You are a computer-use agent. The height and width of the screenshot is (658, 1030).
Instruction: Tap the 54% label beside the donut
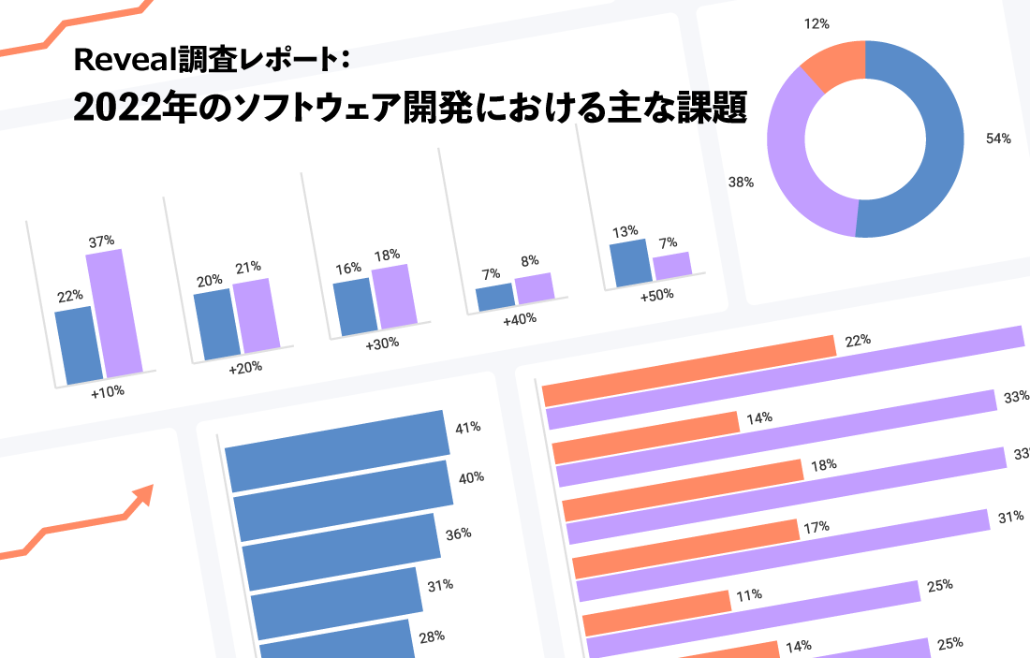(998, 139)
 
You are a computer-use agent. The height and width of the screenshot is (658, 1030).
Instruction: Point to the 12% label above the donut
(817, 23)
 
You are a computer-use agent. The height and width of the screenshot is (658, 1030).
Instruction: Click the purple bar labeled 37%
(115, 312)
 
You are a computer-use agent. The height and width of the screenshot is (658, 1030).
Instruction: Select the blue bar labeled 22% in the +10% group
(79, 344)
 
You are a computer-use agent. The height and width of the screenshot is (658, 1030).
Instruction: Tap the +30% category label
(382, 344)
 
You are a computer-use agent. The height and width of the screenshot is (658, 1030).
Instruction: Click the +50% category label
(657, 296)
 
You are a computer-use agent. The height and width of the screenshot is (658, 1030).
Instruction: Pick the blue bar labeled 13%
(630, 263)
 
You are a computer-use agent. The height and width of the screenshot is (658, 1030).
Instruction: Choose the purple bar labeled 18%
(394, 296)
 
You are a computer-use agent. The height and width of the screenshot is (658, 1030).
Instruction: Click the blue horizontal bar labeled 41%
(338, 450)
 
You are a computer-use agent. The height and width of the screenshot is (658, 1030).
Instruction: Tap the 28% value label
(432, 636)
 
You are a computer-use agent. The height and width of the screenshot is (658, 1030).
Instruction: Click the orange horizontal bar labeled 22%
(689, 371)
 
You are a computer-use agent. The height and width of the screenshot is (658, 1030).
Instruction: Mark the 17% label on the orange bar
(816, 527)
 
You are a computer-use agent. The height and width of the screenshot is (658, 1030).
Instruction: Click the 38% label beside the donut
(741, 182)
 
